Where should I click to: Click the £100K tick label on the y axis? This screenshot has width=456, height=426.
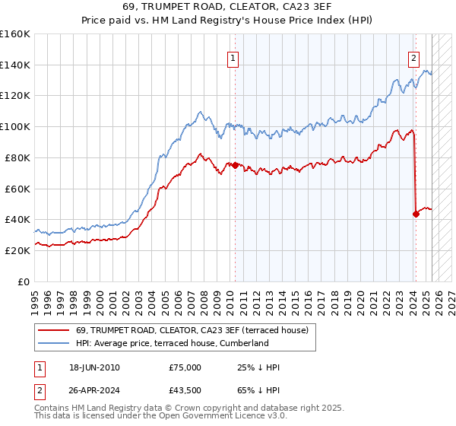(15, 126)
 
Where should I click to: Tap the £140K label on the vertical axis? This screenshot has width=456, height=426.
(15, 65)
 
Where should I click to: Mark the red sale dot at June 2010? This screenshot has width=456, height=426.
(235, 165)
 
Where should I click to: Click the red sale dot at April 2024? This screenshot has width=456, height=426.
(416, 214)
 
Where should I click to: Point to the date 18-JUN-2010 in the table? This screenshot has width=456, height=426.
(94, 367)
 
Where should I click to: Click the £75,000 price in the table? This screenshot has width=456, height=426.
(185, 367)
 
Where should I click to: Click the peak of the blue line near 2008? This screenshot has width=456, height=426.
(199, 112)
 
